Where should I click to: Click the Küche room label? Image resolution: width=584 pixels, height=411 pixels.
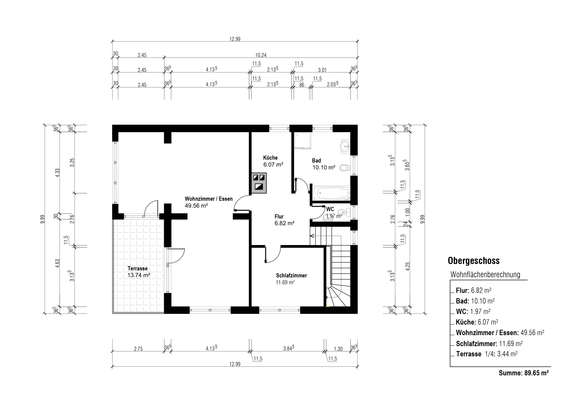(270, 158)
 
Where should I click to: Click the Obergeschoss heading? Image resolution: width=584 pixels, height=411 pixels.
(474, 261)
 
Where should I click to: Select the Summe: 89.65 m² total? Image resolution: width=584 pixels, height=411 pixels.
(523, 373)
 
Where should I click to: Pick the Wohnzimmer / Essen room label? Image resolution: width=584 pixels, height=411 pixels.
(209, 199)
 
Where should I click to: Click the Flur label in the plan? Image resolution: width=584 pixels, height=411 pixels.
(279, 217)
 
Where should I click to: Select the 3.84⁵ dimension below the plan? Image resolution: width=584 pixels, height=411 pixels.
(289, 348)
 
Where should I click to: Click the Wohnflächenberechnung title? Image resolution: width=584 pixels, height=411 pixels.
(485, 275)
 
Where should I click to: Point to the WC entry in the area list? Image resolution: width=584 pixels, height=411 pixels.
(473, 311)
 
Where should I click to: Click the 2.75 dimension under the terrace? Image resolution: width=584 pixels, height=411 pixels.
(138, 349)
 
